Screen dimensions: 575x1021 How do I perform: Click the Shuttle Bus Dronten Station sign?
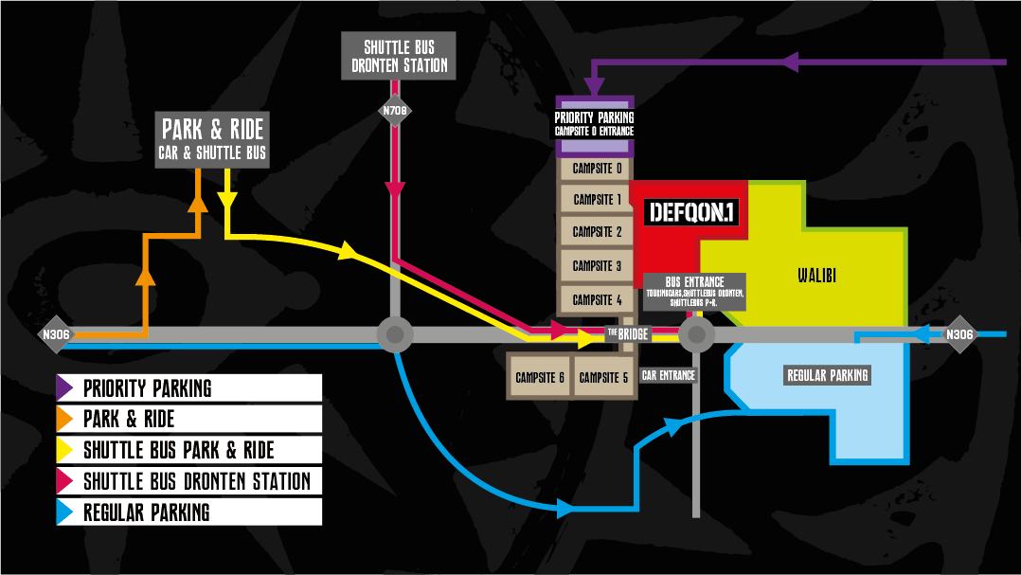click(x=398, y=56)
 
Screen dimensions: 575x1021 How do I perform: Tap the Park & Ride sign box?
click(x=213, y=140)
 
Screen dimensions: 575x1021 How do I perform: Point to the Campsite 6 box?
click(x=540, y=377)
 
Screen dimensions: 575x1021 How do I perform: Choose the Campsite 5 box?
click(x=603, y=377)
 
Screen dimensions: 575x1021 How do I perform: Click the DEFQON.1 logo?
click(x=690, y=212)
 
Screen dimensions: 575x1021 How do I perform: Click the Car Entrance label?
click(x=669, y=376)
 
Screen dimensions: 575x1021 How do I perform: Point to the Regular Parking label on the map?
click(x=828, y=376)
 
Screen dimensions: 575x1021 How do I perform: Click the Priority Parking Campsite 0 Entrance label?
click(x=594, y=124)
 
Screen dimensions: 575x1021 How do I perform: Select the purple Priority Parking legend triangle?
click(x=65, y=388)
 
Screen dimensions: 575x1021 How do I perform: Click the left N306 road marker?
click(x=54, y=333)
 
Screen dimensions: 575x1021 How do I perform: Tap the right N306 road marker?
click(x=959, y=333)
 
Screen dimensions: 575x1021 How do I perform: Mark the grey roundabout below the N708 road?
click(x=395, y=333)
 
